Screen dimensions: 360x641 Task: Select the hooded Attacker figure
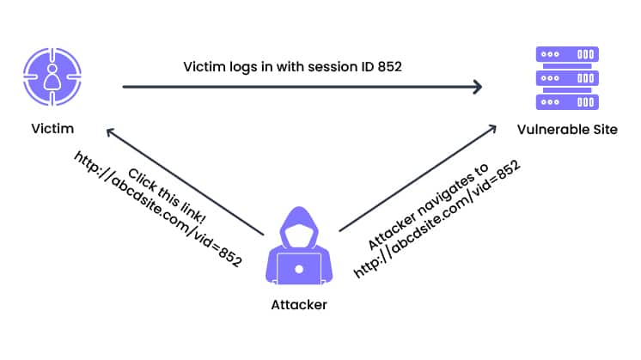click(299, 250)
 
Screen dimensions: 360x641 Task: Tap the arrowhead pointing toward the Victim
click(110, 131)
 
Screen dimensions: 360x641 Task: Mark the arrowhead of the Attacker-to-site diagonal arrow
click(491, 128)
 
